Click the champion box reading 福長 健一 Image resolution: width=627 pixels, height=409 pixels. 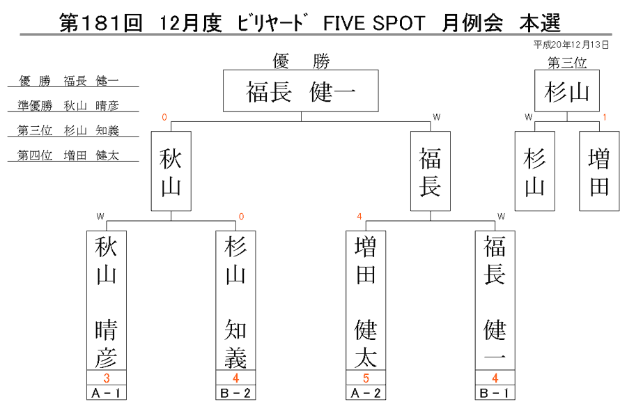click(x=301, y=91)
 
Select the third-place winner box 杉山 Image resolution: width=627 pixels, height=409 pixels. click(x=567, y=91)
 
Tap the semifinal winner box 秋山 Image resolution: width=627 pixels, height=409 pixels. click(x=171, y=171)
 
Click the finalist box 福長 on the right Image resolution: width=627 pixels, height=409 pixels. click(x=431, y=171)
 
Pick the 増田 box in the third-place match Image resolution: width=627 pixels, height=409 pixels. click(x=599, y=171)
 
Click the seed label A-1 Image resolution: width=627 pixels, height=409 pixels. click(x=107, y=392)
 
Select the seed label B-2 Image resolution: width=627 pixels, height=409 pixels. click(x=235, y=392)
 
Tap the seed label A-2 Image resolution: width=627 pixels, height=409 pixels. click(x=366, y=392)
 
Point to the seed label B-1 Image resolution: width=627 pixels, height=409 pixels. click(x=495, y=392)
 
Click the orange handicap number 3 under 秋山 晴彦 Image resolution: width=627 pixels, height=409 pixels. click(x=107, y=378)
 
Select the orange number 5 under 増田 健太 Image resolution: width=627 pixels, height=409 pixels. click(x=366, y=378)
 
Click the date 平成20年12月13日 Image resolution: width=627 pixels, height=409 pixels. click(x=571, y=45)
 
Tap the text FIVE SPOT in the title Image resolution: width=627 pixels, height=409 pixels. click(x=374, y=23)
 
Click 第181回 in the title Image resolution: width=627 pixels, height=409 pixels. click(x=101, y=23)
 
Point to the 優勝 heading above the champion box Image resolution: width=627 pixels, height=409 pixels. click(x=301, y=61)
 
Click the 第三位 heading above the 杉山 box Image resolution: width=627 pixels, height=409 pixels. click(x=567, y=63)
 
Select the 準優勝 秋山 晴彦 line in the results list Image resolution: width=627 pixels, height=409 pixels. click(x=68, y=105)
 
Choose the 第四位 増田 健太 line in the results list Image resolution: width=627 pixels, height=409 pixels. click(x=68, y=155)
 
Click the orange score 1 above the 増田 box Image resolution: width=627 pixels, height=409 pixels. click(x=605, y=117)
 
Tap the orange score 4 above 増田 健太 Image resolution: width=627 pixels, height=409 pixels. click(x=359, y=216)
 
